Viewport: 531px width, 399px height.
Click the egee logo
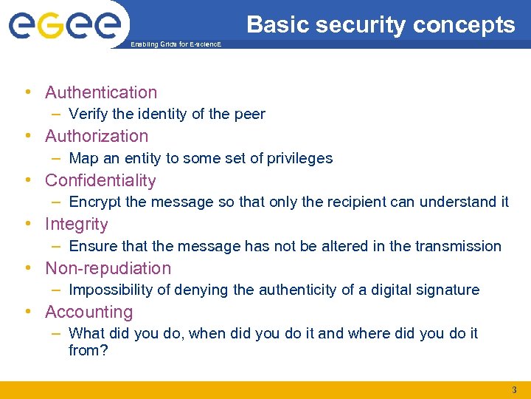click(x=64, y=26)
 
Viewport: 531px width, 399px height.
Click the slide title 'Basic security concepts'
click(x=381, y=25)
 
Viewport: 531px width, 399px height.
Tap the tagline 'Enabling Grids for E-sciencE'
click(x=175, y=44)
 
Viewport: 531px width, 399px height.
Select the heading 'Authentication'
click(x=101, y=92)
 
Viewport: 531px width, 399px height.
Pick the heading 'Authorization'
click(x=97, y=136)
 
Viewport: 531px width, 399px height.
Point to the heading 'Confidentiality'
click(x=100, y=180)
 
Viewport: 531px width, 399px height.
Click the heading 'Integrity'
click(x=76, y=224)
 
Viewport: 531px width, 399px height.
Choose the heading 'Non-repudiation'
click(x=108, y=268)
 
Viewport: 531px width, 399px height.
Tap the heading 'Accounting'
click(x=88, y=312)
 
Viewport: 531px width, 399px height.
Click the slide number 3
click(x=514, y=389)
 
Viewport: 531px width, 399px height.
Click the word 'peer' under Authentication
click(x=249, y=114)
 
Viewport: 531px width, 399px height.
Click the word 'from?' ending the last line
click(x=88, y=350)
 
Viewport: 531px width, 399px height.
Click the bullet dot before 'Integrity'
click(x=27, y=224)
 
